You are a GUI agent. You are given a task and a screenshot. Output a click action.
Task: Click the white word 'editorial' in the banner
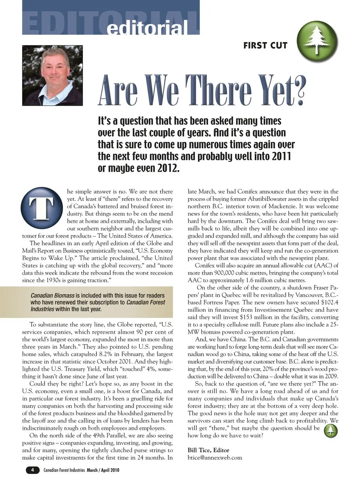click(147, 27)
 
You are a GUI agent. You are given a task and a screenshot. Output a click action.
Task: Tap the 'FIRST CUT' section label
click(265, 45)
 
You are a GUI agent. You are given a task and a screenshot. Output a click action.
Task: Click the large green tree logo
click(317, 41)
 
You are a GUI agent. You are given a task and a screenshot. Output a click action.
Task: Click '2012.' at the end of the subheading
click(167, 168)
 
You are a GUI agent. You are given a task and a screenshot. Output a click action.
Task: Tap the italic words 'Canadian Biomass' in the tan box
click(52, 295)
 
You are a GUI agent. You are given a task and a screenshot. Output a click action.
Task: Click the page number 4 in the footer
click(33, 470)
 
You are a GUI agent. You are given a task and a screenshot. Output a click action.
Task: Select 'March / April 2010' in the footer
click(103, 470)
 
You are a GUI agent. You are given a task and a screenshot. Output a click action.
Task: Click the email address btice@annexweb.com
click(214, 458)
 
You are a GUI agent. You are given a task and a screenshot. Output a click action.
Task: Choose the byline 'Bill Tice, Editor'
click(208, 450)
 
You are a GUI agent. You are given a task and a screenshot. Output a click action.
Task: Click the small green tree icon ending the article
click(330, 431)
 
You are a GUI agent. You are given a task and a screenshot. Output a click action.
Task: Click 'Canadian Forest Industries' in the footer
click(64, 470)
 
